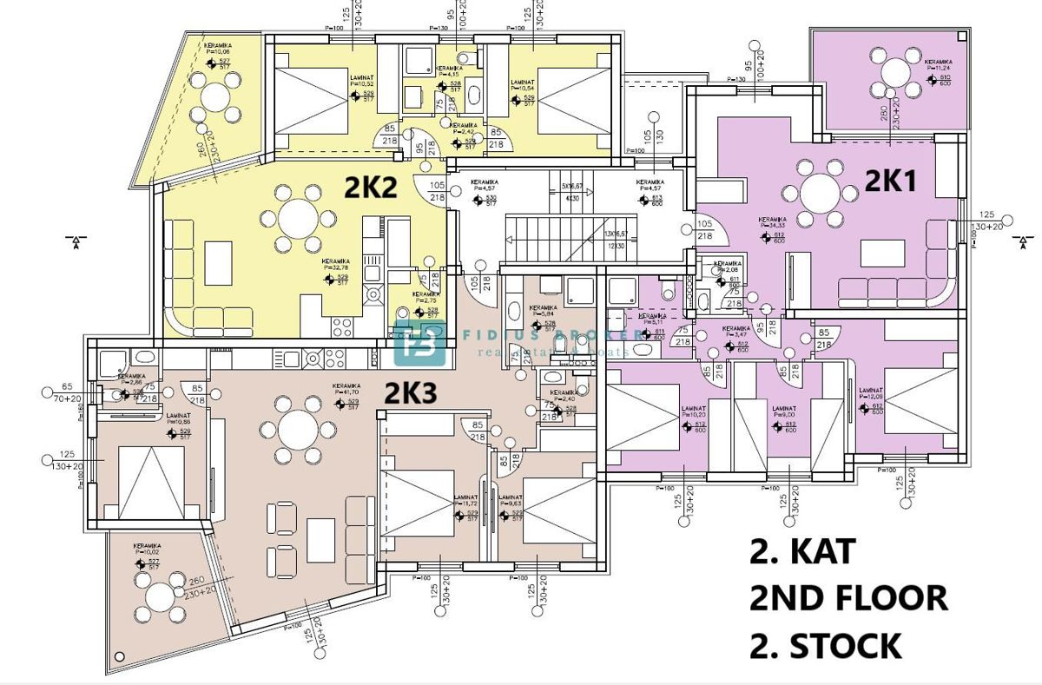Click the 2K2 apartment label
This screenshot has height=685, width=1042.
click(372, 187)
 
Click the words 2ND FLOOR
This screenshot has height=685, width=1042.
click(848, 598)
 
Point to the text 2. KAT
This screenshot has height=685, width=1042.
click(803, 551)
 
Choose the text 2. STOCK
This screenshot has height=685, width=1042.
click(826, 646)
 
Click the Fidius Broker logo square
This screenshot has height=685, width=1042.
click(419, 344)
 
